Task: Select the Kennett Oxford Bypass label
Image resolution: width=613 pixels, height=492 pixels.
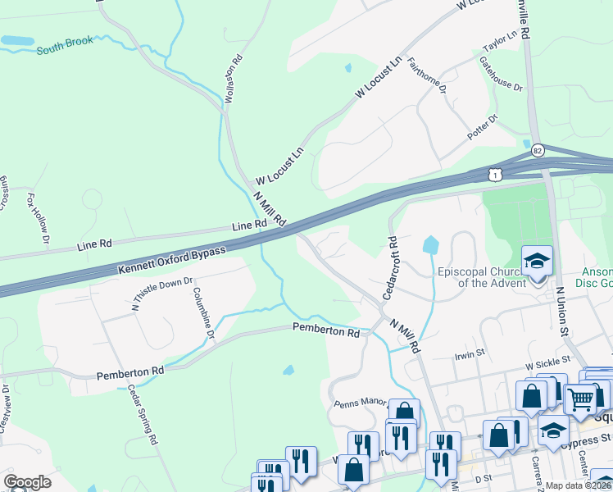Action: [x=171, y=262]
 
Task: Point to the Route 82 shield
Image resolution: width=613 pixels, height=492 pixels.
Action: [x=538, y=150]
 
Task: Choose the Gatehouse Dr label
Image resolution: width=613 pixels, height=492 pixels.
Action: [x=501, y=74]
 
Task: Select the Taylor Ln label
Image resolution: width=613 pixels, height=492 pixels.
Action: [x=501, y=42]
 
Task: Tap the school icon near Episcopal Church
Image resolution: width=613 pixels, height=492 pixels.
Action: [x=538, y=262]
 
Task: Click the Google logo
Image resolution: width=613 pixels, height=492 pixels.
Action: [x=27, y=482]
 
